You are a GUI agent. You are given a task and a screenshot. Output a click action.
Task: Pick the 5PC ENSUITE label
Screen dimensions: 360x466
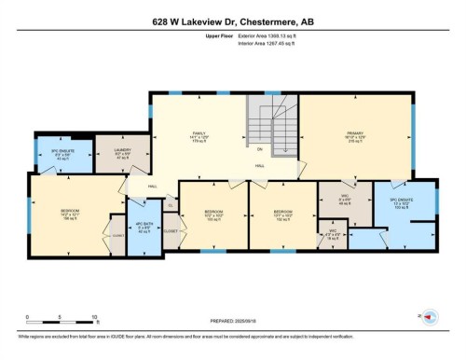(x=400, y=202)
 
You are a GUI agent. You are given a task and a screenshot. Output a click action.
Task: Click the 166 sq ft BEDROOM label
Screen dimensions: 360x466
(x=70, y=215)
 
